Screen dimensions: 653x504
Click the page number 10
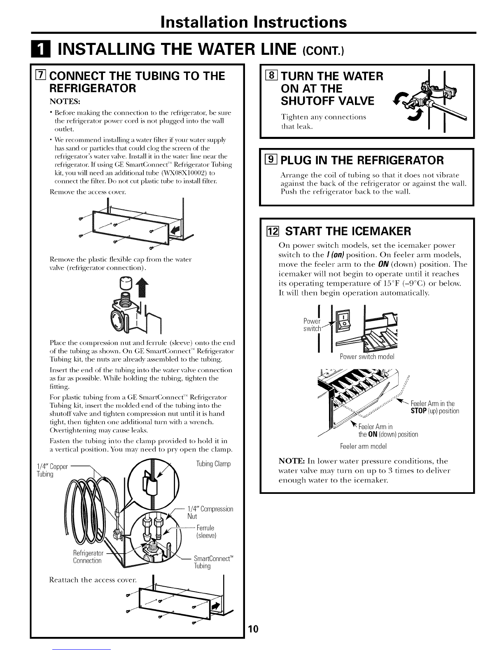coord(253,629)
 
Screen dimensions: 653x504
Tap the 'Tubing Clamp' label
coord(213,464)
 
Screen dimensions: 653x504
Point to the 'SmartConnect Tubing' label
coord(213,562)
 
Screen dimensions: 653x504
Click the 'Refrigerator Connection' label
coord(87,557)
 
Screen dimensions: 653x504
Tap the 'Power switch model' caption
coord(367,356)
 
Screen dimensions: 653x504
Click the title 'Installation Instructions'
coord(254,21)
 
